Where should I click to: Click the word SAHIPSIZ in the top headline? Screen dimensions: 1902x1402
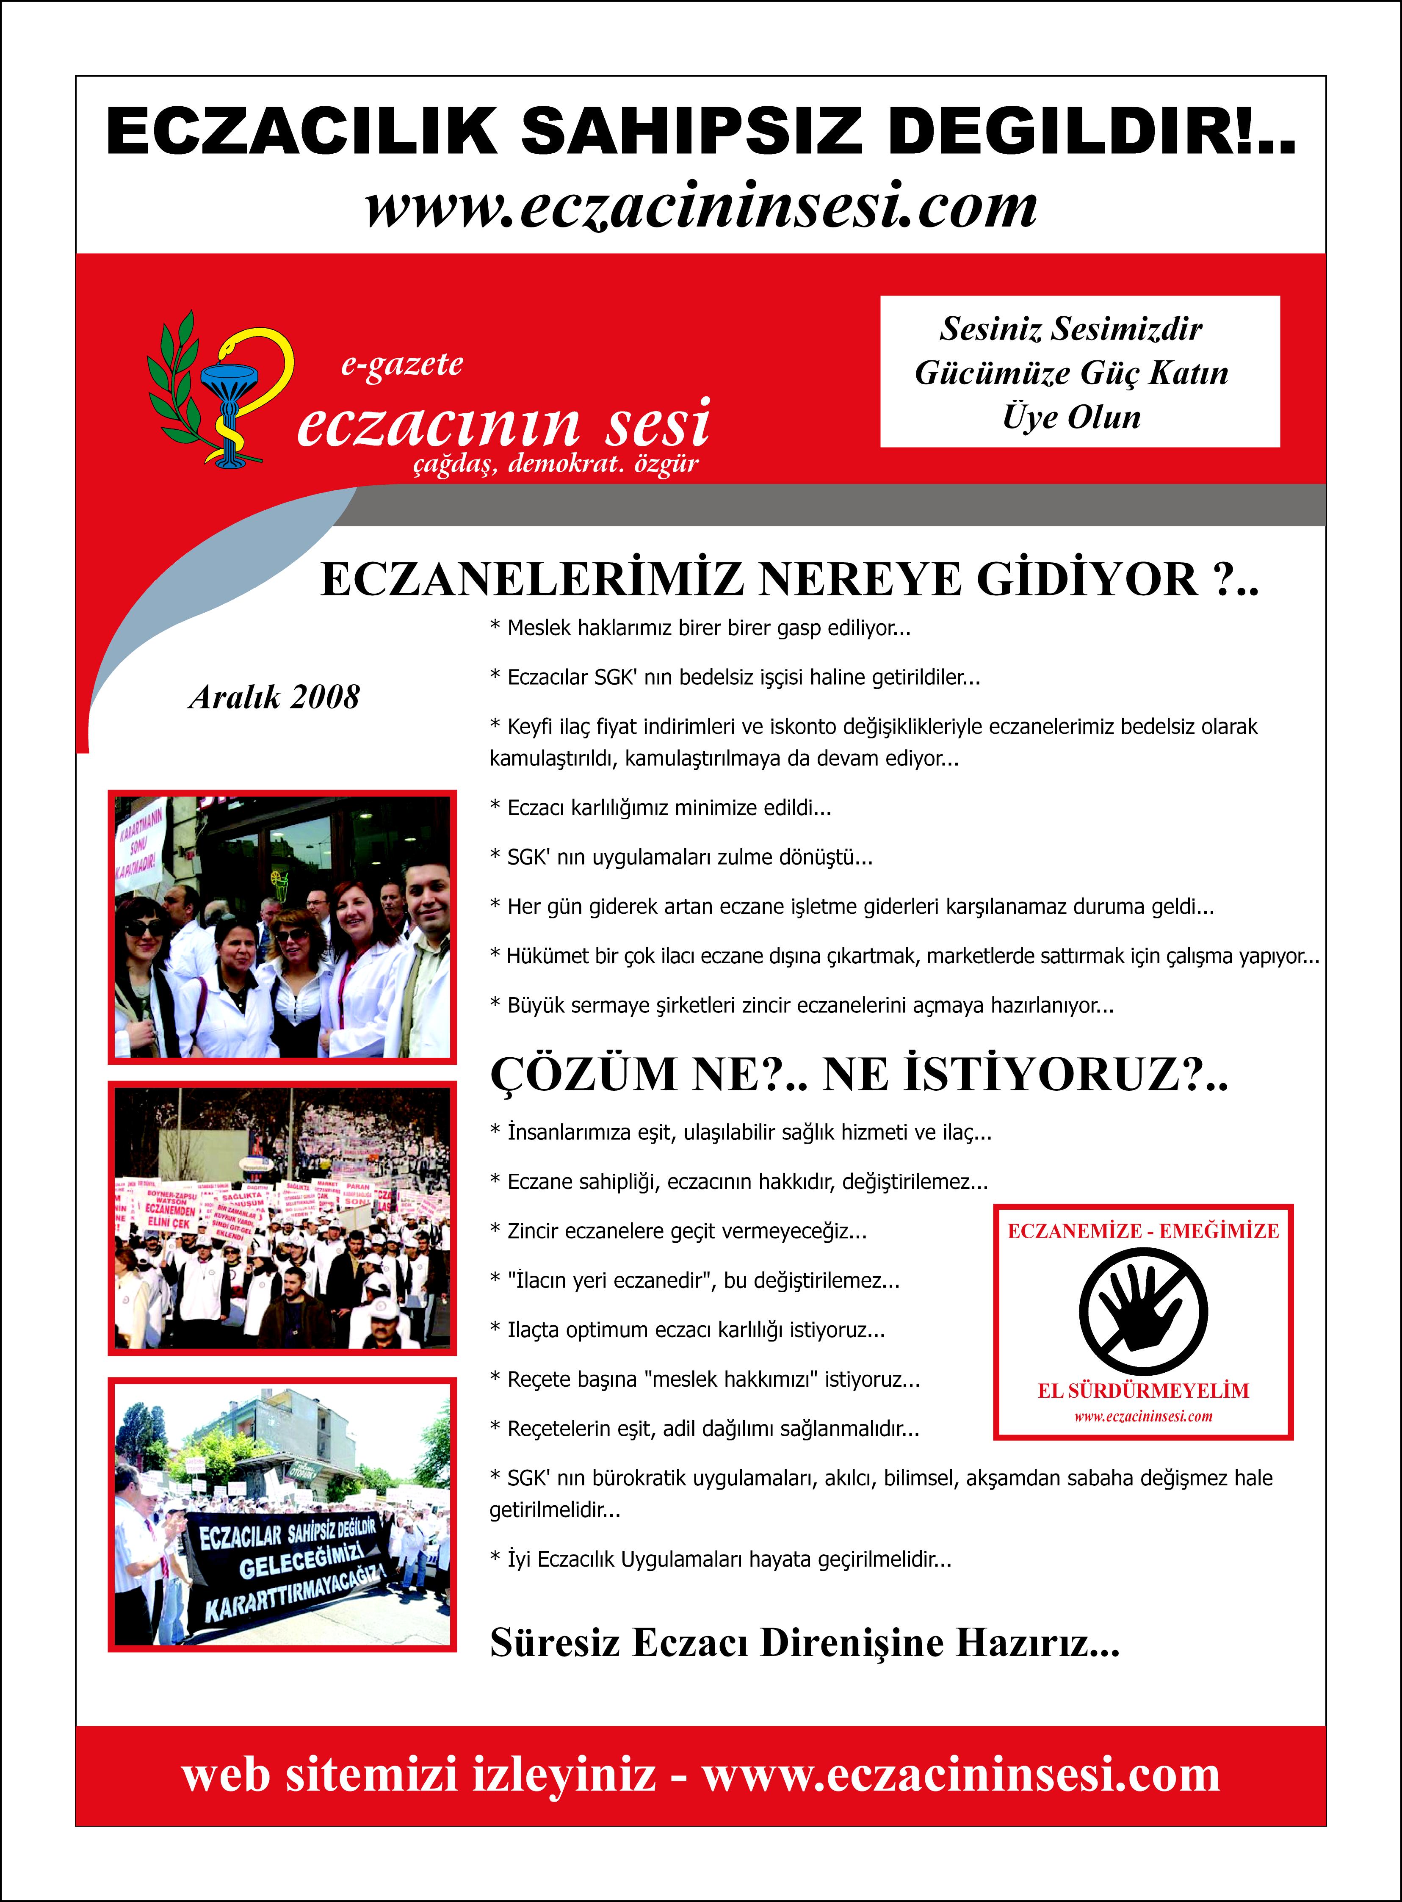(x=691, y=132)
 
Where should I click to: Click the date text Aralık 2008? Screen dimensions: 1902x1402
(x=274, y=698)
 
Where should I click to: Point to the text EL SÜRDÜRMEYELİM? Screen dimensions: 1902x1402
(x=1143, y=1390)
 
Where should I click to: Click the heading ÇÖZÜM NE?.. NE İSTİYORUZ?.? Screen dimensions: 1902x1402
(x=859, y=1075)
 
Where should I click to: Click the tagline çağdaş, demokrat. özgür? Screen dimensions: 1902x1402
(x=556, y=464)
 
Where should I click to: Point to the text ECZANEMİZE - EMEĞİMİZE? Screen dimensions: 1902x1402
(x=1143, y=1231)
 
